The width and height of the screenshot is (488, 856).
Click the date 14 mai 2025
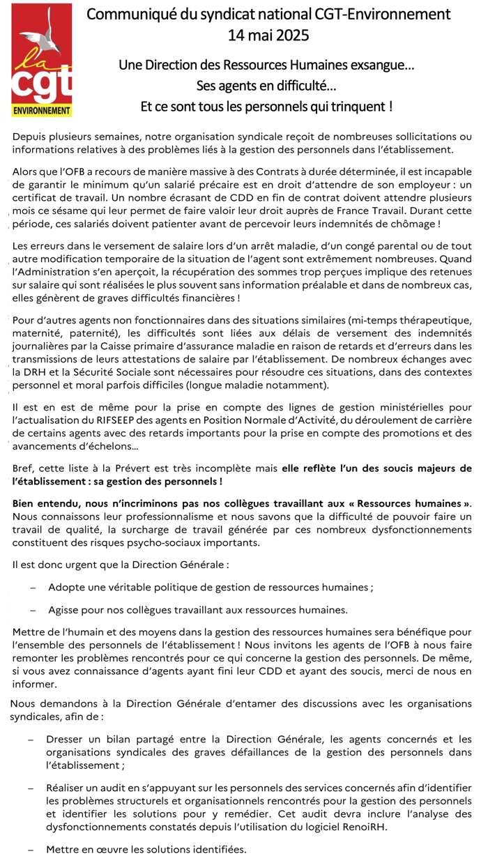pos(268,35)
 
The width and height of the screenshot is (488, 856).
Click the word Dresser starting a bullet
pos(65,738)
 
